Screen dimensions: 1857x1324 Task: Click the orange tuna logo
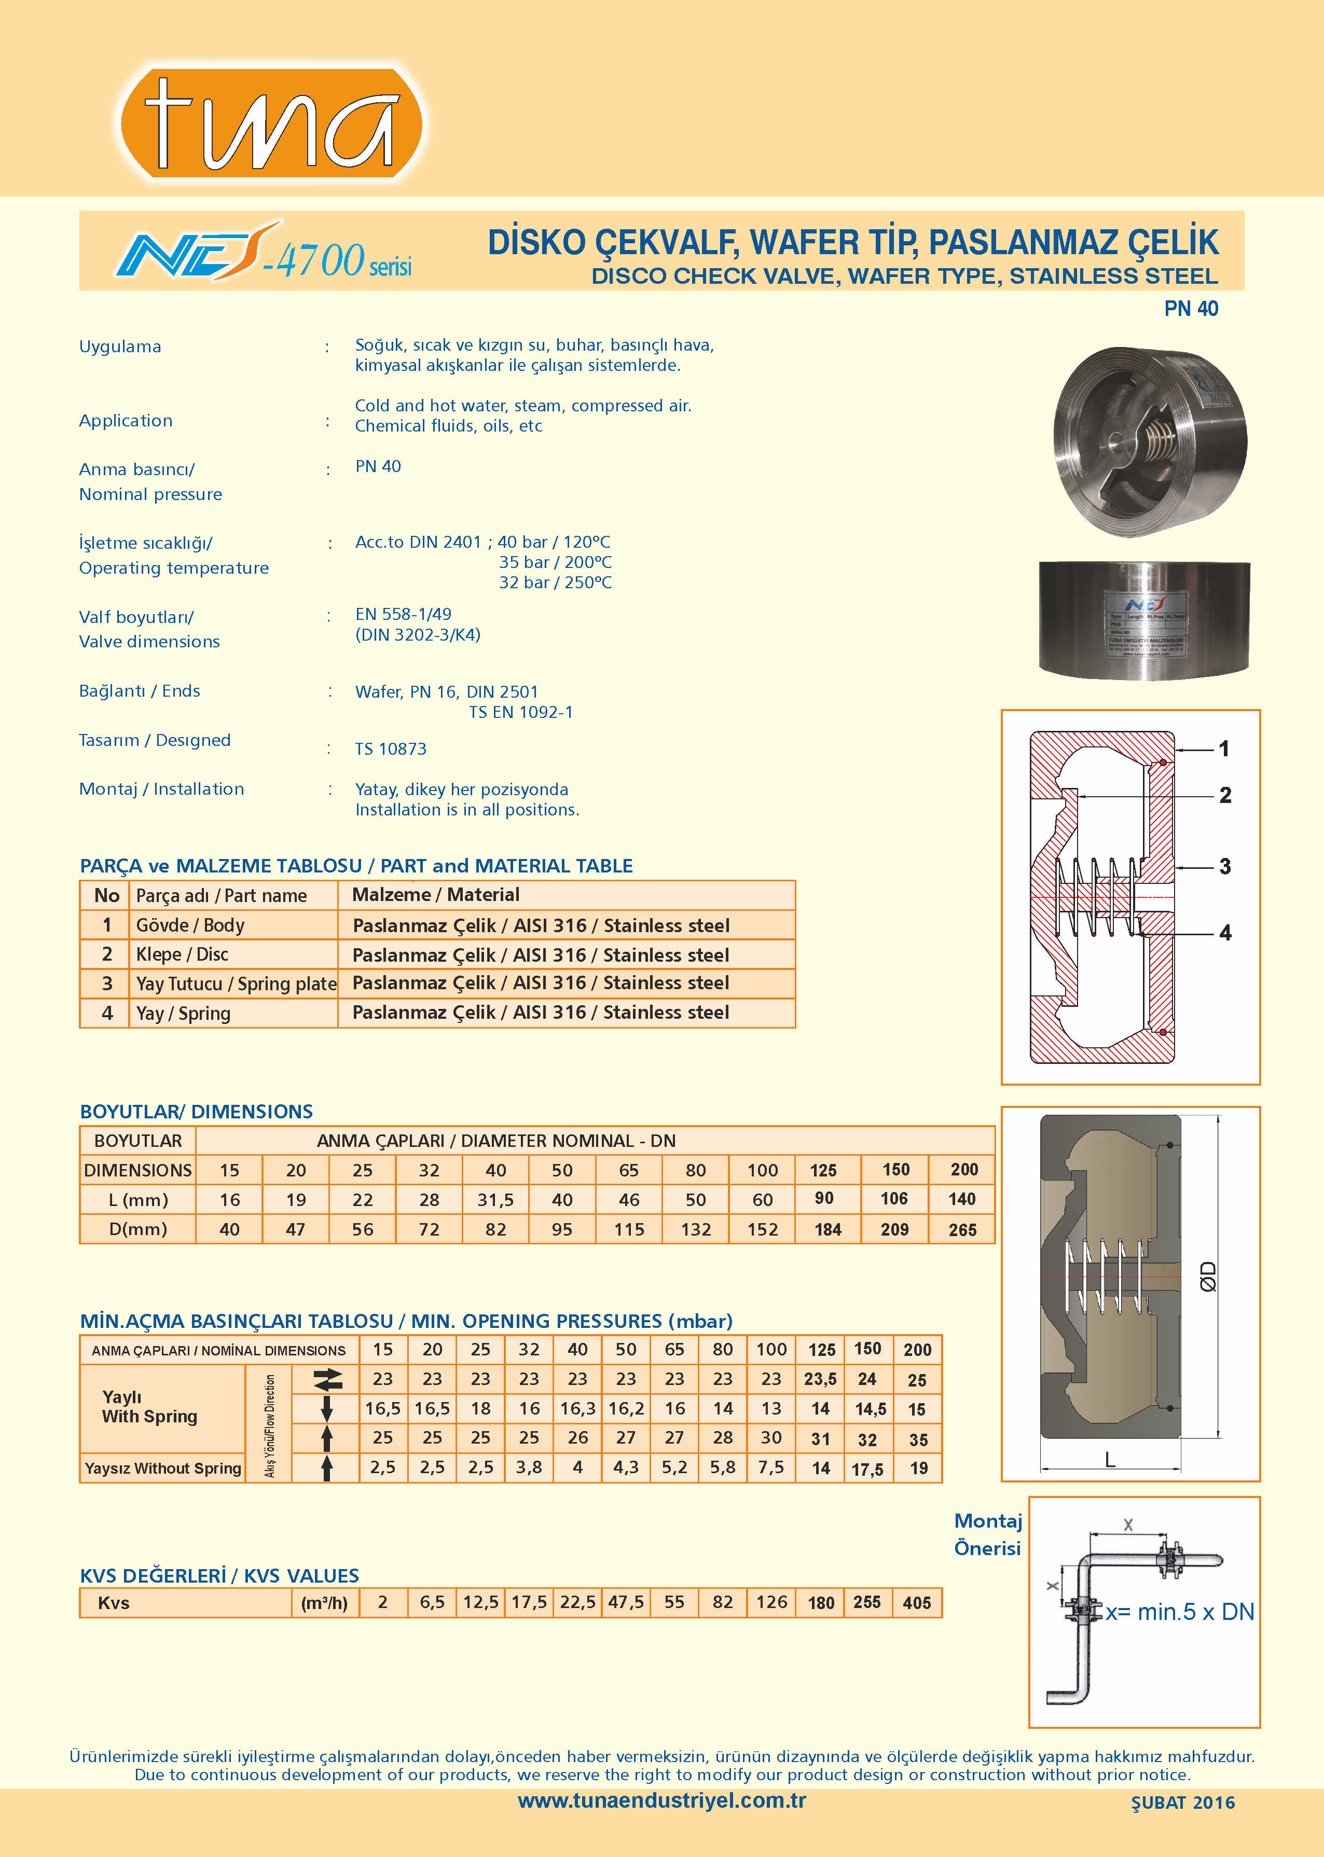click(x=271, y=123)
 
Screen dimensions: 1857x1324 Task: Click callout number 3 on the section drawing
click(x=1224, y=867)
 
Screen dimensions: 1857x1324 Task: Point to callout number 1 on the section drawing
click(x=1224, y=749)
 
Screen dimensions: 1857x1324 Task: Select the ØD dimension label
click(x=1208, y=1277)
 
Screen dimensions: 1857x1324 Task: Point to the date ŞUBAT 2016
click(x=1182, y=1803)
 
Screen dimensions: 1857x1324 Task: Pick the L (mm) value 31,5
click(x=495, y=1200)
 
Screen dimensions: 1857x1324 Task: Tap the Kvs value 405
click(x=917, y=1603)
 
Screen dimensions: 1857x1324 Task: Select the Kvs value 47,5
click(x=625, y=1603)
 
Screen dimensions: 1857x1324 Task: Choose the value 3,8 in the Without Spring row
click(x=529, y=1467)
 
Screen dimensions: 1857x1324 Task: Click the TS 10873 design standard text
click(x=391, y=749)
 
